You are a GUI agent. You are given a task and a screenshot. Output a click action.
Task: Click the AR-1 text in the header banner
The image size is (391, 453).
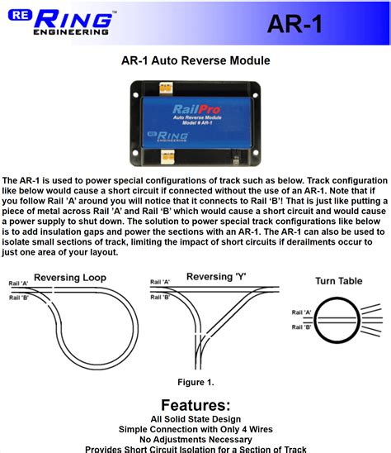(x=294, y=24)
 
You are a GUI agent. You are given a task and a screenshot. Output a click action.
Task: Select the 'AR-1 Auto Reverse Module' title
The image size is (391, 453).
(x=195, y=60)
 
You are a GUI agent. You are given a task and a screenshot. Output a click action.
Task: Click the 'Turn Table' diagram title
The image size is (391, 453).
(x=338, y=282)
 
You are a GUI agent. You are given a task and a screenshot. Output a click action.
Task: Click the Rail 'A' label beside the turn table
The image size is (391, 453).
(x=301, y=312)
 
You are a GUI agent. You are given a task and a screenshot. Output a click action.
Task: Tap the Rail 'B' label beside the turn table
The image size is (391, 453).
(x=301, y=327)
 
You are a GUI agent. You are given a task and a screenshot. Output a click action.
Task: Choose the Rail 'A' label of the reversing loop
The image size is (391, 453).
(x=19, y=284)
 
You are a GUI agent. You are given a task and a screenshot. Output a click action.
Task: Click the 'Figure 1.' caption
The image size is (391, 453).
(x=195, y=382)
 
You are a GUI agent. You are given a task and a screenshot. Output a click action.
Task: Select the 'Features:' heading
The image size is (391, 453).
(x=195, y=405)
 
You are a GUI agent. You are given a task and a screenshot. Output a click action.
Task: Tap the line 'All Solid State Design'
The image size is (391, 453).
(x=195, y=420)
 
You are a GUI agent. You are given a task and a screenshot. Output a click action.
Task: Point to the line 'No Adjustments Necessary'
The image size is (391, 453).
(x=195, y=440)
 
